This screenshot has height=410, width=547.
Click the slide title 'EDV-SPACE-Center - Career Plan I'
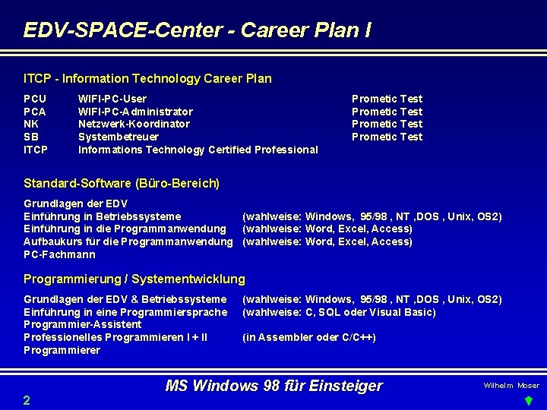198,30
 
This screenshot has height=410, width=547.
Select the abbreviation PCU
35,99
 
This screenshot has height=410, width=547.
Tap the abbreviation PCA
35,112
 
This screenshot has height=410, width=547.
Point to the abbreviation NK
31,124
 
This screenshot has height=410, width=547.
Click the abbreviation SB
31,137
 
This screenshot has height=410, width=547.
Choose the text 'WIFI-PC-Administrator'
135,112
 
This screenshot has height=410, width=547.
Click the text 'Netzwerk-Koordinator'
134,124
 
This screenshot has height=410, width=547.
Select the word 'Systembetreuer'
119,137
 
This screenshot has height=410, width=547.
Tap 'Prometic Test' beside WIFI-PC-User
387,99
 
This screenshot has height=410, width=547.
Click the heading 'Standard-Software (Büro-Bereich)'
122,183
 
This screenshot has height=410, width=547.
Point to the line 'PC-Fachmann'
60,254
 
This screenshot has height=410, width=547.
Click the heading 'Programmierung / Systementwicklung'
134,279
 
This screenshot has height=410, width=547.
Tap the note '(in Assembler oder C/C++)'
309,337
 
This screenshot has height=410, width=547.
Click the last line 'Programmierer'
62,350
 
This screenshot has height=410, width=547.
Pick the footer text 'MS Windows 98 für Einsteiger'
274,386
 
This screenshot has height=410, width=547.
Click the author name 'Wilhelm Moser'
511,386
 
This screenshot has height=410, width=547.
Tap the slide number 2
27,400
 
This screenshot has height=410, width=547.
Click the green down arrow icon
531,400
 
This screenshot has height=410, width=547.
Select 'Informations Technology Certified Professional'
198,150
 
